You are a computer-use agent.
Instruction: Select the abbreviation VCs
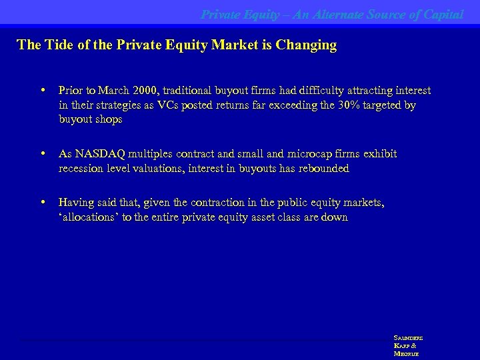pyautogui.click(x=172, y=105)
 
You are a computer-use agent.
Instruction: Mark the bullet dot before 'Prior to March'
pyautogui.click(x=43, y=90)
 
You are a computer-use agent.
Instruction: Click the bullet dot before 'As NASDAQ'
pyautogui.click(x=43, y=154)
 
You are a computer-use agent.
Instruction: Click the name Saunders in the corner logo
pyautogui.click(x=409, y=338)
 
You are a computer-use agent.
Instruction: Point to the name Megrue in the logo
pyautogui.click(x=406, y=354)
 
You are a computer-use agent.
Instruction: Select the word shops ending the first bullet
pyautogui.click(x=108, y=120)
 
